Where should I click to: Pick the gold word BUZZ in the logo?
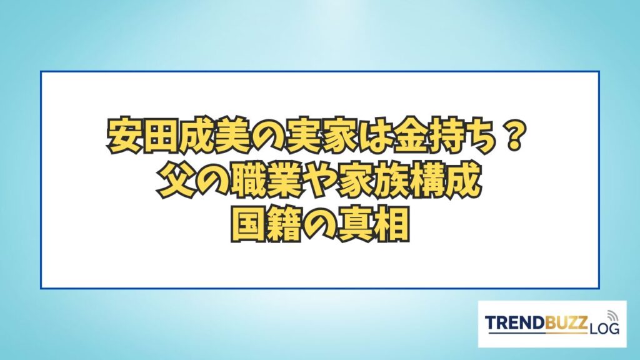click(x=566, y=322)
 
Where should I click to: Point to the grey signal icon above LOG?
click(x=612, y=316)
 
